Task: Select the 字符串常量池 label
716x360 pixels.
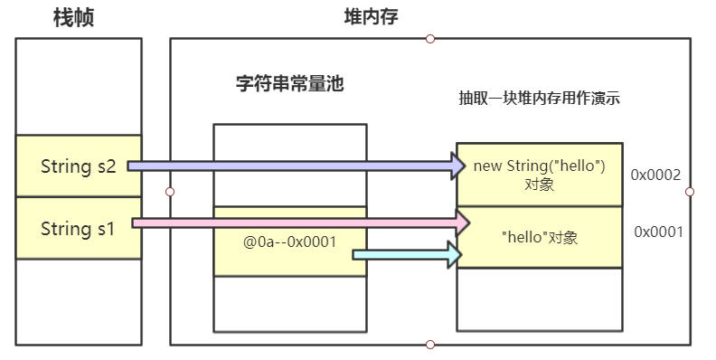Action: coord(289,85)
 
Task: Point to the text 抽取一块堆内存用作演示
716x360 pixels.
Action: coord(539,99)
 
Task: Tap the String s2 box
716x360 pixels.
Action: coord(79,166)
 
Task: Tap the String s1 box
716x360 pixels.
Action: coord(79,229)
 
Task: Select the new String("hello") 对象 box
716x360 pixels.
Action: coord(539,175)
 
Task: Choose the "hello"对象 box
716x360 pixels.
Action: coord(539,238)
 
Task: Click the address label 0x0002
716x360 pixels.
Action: coord(655,175)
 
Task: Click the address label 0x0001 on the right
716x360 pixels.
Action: coord(657,232)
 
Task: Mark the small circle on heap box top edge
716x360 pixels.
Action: coord(430,38)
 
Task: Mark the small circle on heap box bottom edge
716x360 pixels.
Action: coord(430,345)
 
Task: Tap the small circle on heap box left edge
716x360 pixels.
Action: coord(170,192)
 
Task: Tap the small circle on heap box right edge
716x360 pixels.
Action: coord(690,192)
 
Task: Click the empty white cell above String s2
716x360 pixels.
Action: coord(79,86)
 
